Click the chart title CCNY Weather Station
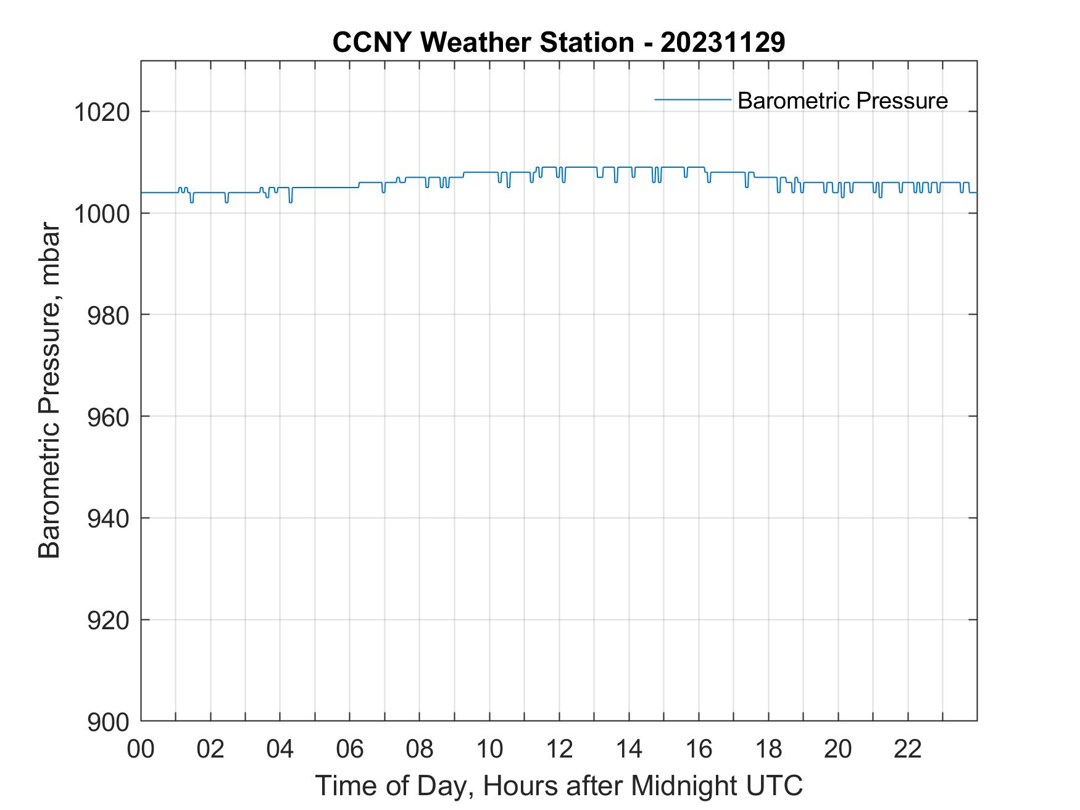(483, 43)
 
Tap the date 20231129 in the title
(723, 43)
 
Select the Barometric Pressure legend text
(842, 101)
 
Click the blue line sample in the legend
(692, 99)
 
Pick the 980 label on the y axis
(108, 315)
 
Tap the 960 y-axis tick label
(108, 416)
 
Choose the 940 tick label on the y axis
(108, 518)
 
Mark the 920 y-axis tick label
(108, 619)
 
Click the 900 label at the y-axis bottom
(108, 721)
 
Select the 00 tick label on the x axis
(141, 749)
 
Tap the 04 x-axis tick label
(280, 749)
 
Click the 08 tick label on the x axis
(420, 749)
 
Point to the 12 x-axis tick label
(559, 749)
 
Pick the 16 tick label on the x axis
(699, 749)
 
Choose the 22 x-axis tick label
(908, 749)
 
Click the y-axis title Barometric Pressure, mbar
(49, 391)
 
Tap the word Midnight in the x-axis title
(680, 785)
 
